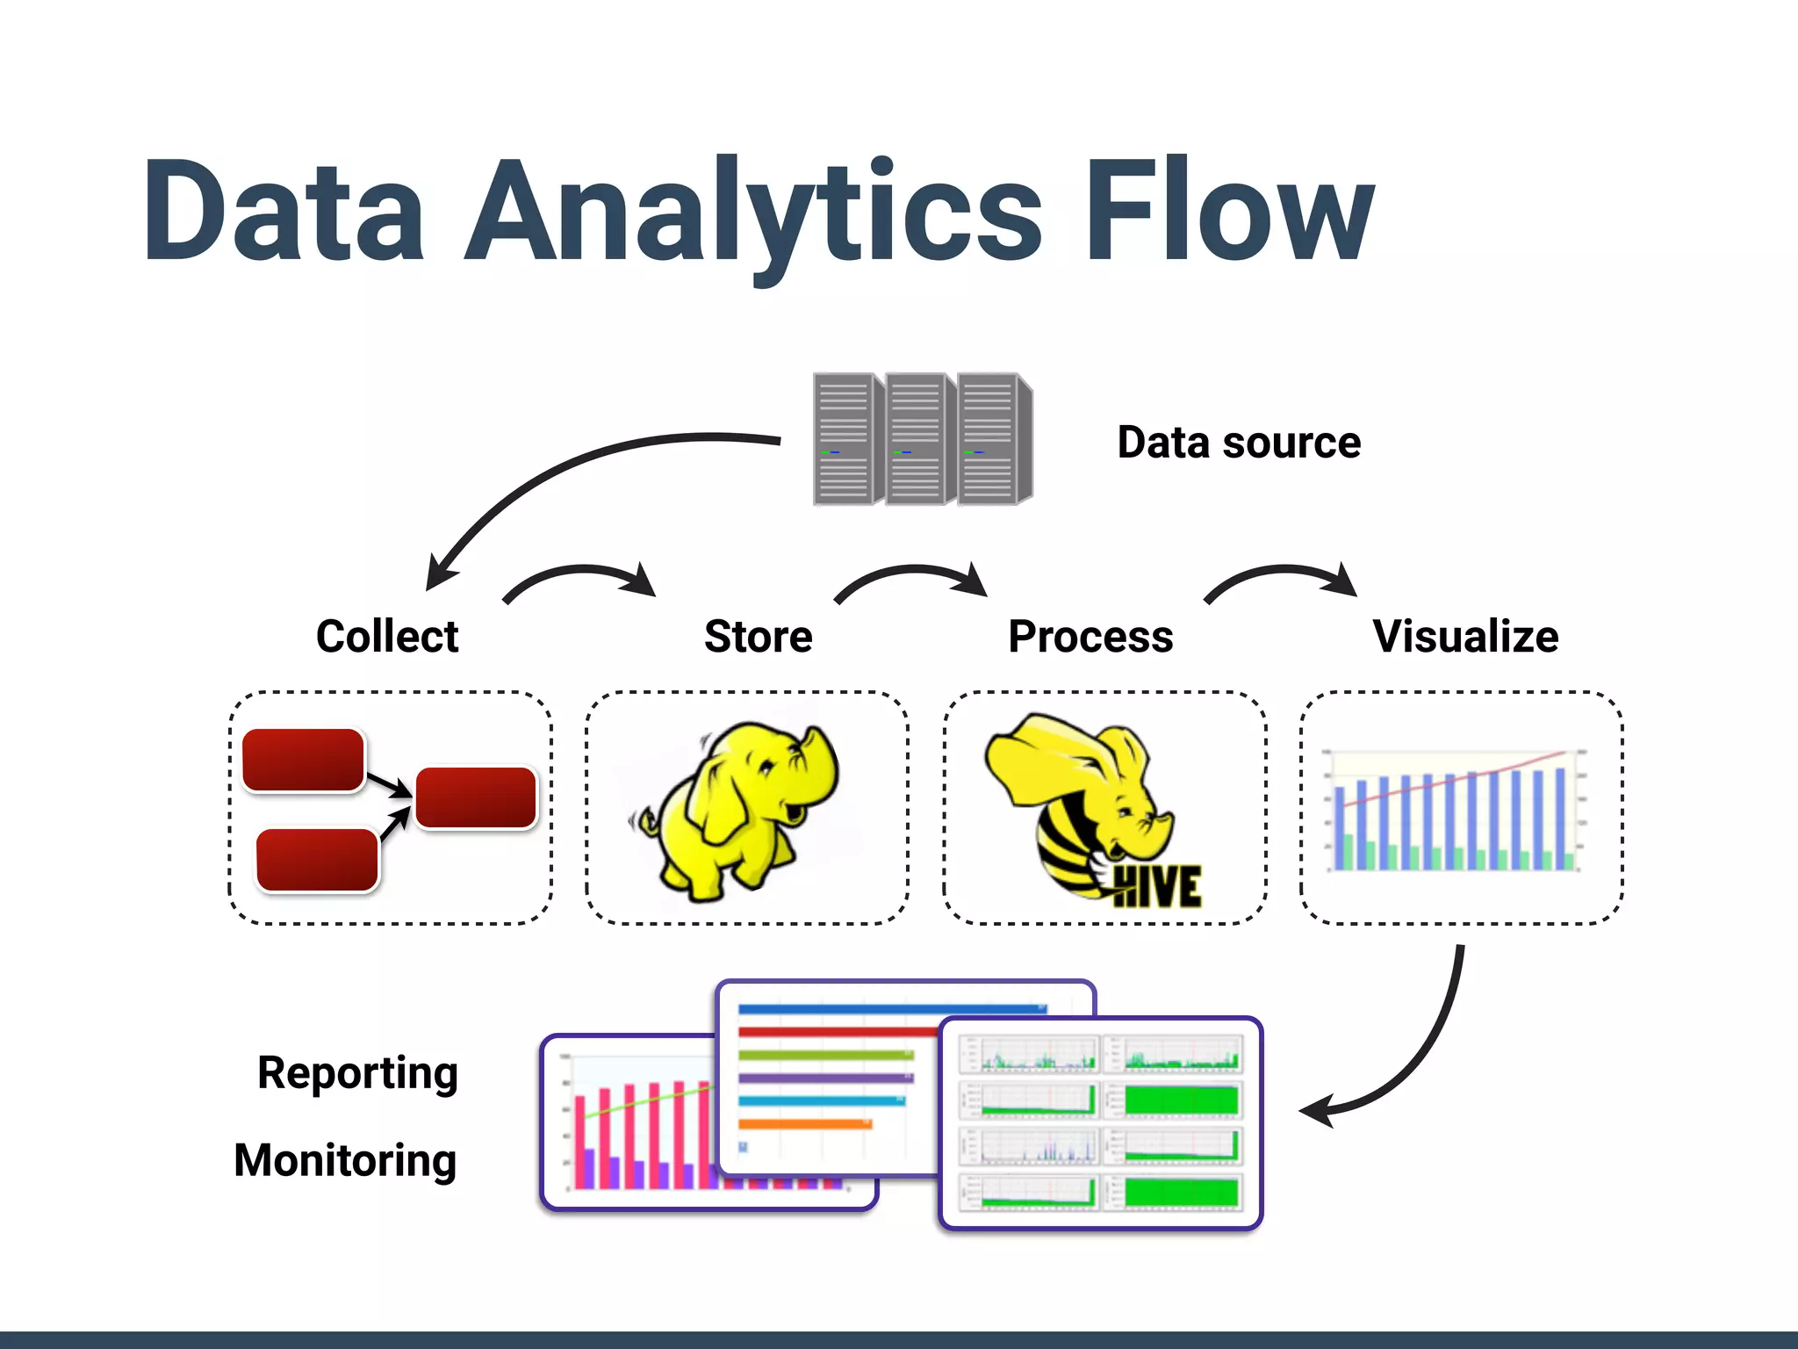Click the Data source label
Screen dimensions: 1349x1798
pos(1238,443)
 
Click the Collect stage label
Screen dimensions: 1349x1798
pos(387,636)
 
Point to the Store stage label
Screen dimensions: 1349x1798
pos(759,636)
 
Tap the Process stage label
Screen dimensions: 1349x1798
pos(1090,636)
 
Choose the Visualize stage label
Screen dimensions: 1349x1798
pos(1465,636)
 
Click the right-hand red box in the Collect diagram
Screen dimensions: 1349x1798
pos(475,797)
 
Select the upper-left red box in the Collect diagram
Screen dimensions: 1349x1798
pos(303,760)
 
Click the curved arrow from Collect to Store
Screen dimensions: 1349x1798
pos(579,575)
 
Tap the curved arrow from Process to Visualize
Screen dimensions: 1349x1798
pos(1282,575)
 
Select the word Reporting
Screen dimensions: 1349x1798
pos(357,1072)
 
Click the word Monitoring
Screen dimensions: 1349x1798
pos(345,1160)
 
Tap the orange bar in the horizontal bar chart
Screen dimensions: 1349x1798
pos(804,1123)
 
